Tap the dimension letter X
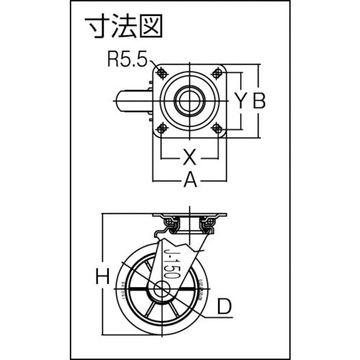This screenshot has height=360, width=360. pyautogui.click(x=188, y=155)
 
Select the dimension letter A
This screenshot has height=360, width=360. pyautogui.click(x=190, y=181)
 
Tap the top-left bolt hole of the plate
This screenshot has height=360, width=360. pyautogui.click(x=161, y=73)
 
